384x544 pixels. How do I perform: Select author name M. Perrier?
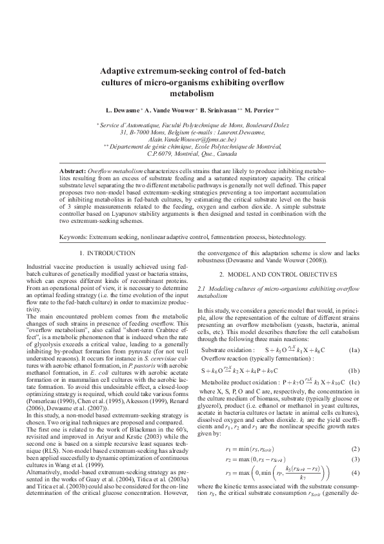tap(259, 110)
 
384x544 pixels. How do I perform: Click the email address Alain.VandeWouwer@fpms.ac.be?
tap(192, 138)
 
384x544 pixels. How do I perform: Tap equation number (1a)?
tap(354, 350)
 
